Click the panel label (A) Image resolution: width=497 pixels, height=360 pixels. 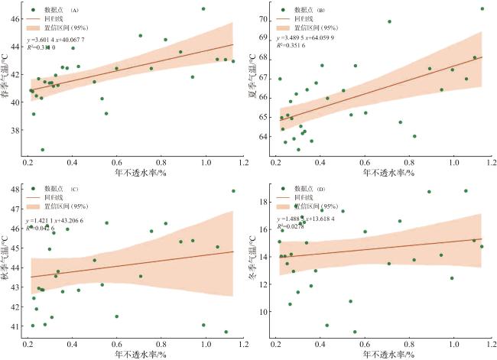tap(74, 11)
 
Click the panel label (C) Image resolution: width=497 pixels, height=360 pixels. tap(74, 189)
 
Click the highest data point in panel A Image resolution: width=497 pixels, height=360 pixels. tap(203, 9)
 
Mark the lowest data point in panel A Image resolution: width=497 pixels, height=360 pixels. tap(43, 150)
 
